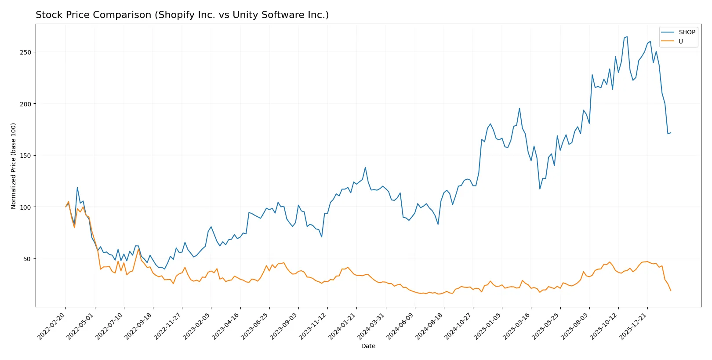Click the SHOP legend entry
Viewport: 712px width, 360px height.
(x=687, y=32)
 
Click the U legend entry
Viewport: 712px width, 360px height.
(x=680, y=41)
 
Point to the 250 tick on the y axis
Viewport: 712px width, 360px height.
(x=25, y=52)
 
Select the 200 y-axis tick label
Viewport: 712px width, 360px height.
(x=25, y=104)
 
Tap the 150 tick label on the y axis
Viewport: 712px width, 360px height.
(x=25, y=156)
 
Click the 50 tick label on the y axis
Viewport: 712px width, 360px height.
(x=27, y=259)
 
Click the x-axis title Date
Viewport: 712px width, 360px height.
(x=368, y=346)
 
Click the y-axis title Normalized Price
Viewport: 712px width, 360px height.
(x=14, y=166)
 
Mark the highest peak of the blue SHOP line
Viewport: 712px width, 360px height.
(x=627, y=36)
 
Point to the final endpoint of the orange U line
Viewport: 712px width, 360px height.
(x=671, y=291)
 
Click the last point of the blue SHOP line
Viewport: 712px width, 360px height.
(x=671, y=132)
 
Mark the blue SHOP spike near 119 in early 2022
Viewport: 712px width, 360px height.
(x=77, y=187)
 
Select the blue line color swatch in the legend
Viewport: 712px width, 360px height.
(x=668, y=32)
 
